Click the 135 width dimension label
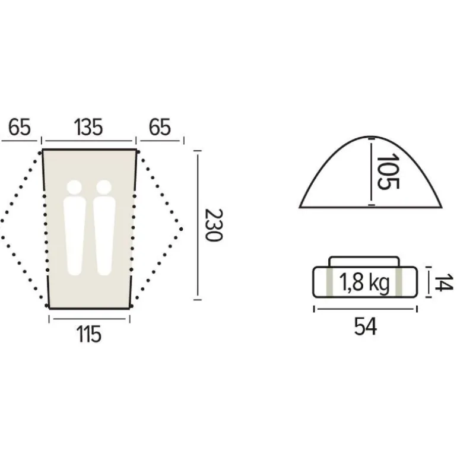click(x=89, y=128)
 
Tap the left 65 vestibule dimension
click(x=19, y=128)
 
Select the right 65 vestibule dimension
click(x=160, y=128)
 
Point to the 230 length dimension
click(x=214, y=225)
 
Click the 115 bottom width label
click(x=89, y=334)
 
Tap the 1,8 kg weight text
click(x=364, y=283)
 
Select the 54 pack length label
click(x=366, y=327)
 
